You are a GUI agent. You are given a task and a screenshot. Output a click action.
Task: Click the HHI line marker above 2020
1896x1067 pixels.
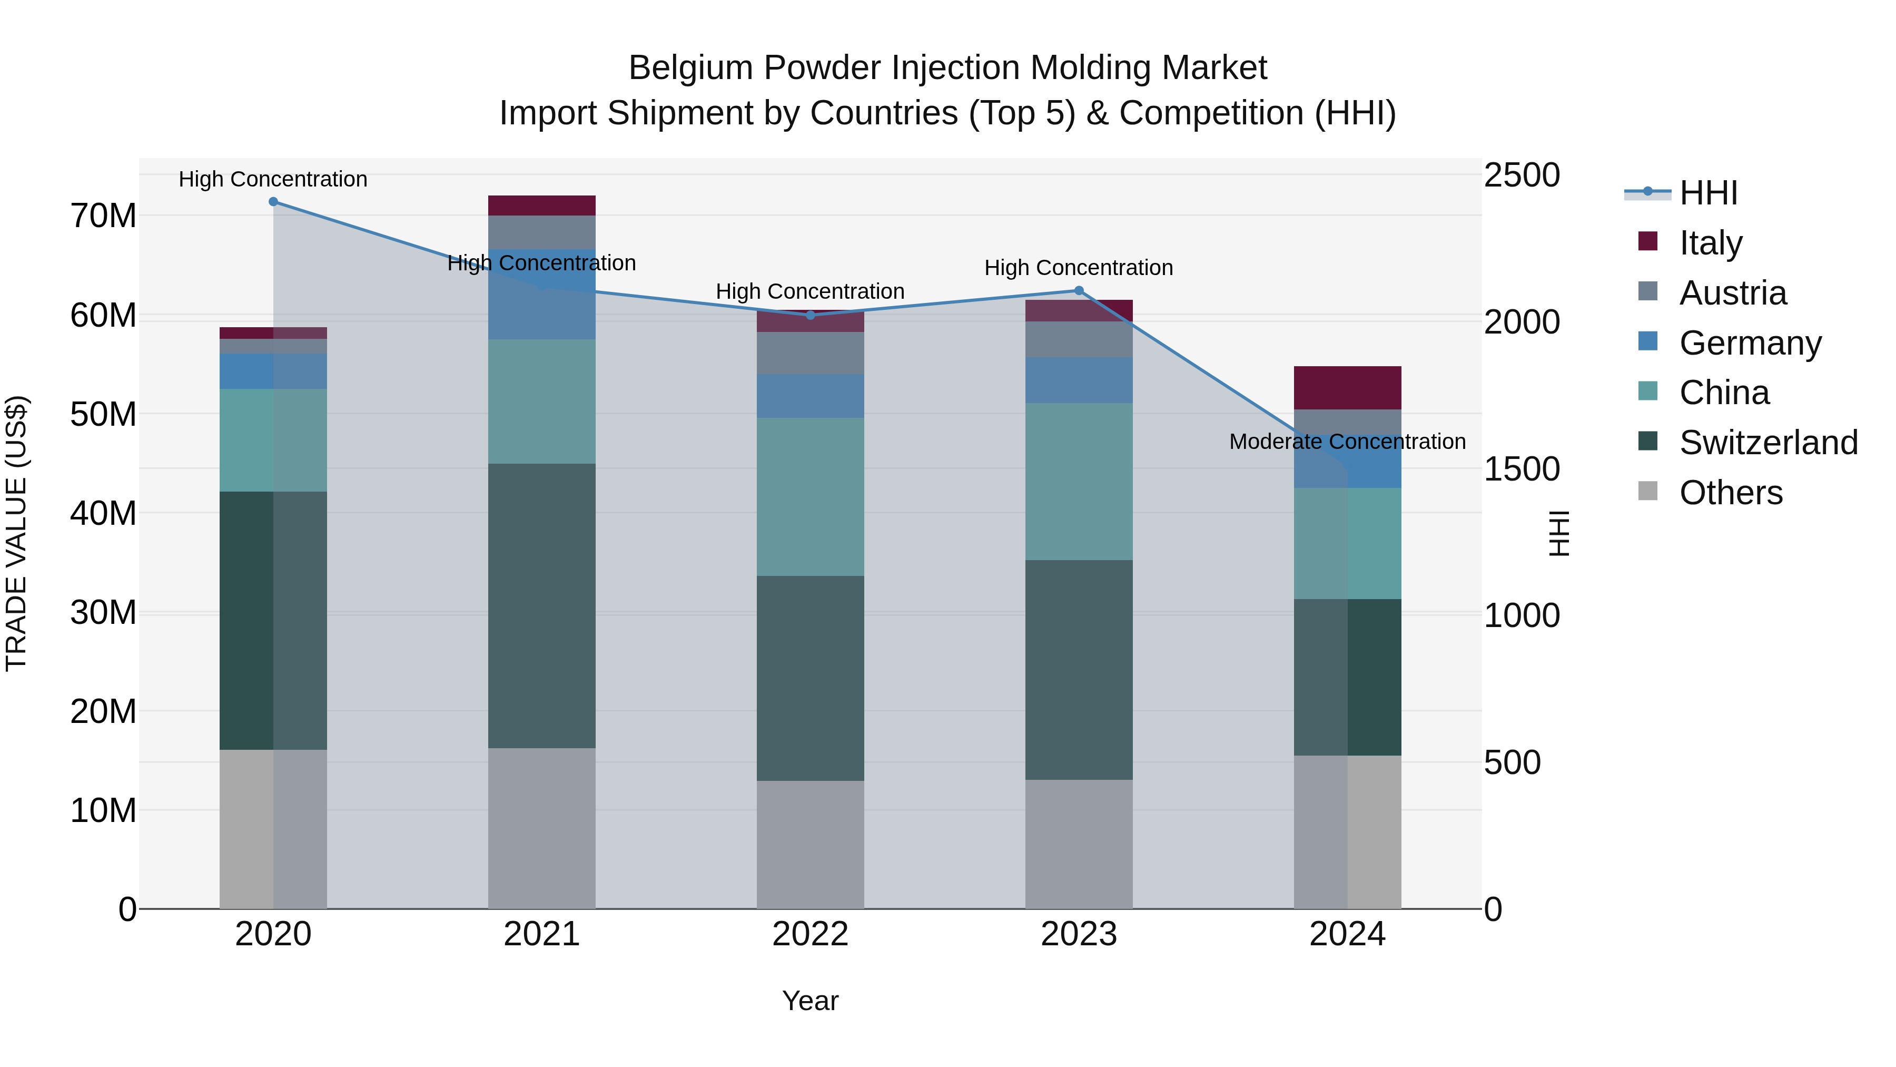click(x=273, y=202)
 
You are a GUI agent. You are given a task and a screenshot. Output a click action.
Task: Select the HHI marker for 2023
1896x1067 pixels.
click(x=1079, y=291)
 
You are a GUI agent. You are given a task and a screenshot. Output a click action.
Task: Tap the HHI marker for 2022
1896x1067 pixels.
click(x=811, y=315)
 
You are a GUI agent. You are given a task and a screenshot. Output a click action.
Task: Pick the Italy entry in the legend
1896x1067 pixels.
click(x=1711, y=242)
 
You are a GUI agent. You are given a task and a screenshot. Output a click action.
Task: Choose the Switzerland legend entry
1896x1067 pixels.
click(x=1768, y=443)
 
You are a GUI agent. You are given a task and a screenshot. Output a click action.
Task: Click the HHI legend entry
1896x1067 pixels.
click(x=1707, y=193)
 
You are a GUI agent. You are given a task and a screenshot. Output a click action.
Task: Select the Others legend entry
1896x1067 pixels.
click(x=1731, y=493)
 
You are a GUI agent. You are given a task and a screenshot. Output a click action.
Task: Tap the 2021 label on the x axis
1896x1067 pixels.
click(x=542, y=934)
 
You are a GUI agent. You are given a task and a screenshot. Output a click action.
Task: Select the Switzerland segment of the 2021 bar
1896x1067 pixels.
click(x=542, y=605)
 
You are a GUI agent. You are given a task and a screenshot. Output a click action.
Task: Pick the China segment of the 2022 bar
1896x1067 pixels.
click(x=811, y=497)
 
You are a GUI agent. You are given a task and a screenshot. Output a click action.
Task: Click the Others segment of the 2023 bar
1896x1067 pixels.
click(x=1079, y=844)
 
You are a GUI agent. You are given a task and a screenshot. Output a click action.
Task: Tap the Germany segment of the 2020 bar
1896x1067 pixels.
click(x=273, y=371)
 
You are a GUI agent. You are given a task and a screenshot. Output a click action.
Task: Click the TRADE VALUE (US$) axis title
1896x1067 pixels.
click(x=16, y=533)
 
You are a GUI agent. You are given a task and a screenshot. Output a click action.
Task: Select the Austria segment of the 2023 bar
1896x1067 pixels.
click(x=1079, y=339)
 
